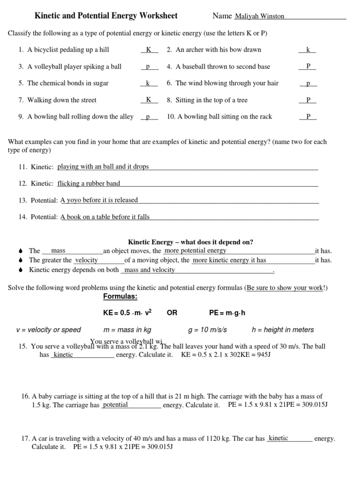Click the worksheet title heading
click(x=106, y=16)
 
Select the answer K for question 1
click(x=149, y=50)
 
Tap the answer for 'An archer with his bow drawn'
click(x=308, y=50)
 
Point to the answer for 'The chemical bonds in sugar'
click(x=148, y=83)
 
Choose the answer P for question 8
click(x=308, y=100)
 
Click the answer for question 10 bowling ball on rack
click(x=308, y=117)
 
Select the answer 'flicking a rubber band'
click(x=89, y=184)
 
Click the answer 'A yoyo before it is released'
click(x=99, y=200)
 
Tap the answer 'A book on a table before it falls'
click(x=105, y=217)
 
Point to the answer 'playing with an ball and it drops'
click(x=103, y=167)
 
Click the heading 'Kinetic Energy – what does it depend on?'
click(x=191, y=242)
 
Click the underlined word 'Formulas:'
click(x=120, y=297)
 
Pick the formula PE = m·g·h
click(x=227, y=313)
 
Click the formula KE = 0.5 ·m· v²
click(x=127, y=313)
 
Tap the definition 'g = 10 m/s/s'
click(x=207, y=330)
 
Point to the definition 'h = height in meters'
click(x=283, y=330)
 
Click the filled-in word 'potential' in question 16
click(x=115, y=405)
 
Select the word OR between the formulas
click(x=172, y=313)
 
